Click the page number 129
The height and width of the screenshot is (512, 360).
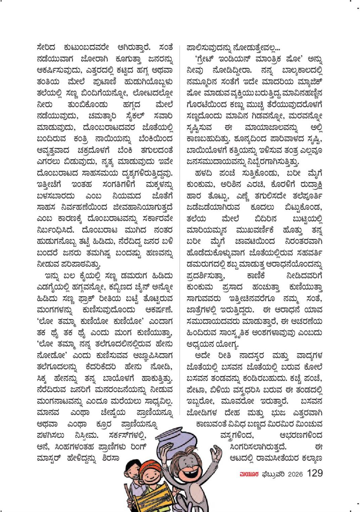tap(315, 473)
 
